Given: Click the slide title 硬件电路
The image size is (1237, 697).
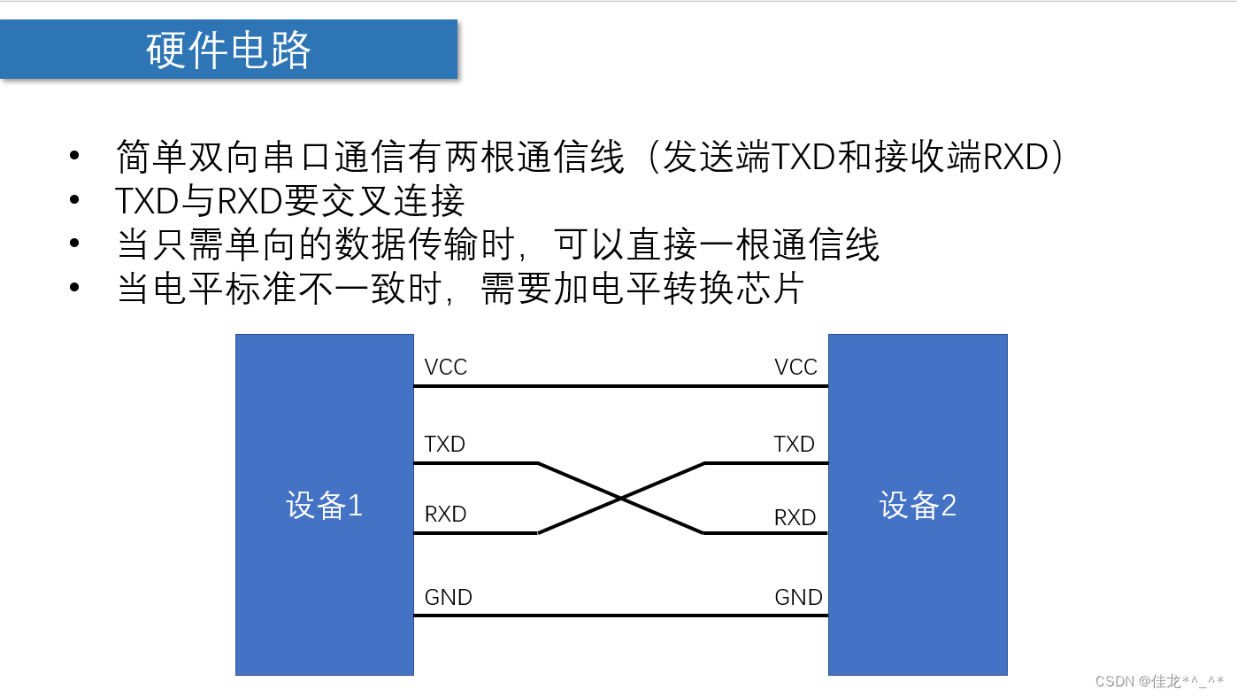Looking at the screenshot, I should coord(228,50).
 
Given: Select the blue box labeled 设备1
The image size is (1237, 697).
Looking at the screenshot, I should coord(324,505).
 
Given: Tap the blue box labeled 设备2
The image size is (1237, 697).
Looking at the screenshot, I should coord(918,505).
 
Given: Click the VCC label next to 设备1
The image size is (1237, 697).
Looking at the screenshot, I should coord(445,367).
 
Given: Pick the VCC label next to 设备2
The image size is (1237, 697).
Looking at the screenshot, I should coord(795,367).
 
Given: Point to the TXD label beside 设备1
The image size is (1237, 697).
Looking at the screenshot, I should coord(444,444).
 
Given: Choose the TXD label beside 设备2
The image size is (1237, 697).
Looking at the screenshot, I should coord(794,444).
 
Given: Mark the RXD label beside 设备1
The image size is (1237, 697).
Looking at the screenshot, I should coord(445,515).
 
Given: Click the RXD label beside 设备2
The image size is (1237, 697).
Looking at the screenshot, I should coord(795,517).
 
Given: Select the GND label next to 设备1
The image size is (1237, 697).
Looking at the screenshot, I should coord(448,597).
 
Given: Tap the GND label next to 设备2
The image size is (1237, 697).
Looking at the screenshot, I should coord(798,597).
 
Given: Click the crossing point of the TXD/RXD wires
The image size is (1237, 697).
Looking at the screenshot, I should coord(621,499).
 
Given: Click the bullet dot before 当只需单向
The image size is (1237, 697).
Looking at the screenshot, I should coord(74,244).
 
